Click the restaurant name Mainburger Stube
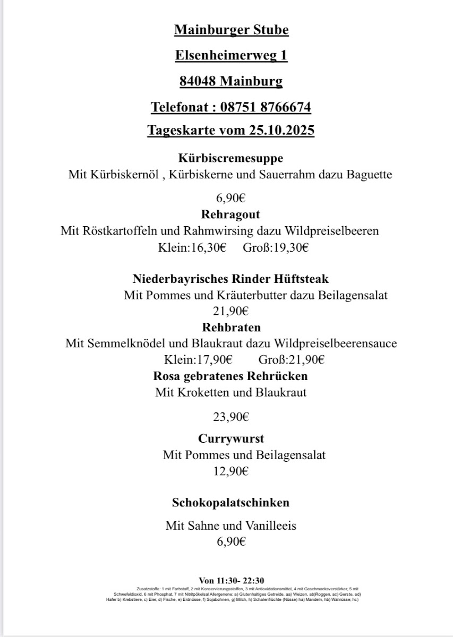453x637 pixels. coord(231,30)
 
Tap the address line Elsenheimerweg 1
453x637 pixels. coord(231,55)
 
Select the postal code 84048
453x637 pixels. coord(198,81)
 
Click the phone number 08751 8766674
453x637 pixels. coord(265,107)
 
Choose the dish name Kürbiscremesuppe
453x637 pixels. coord(230,158)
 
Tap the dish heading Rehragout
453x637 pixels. coord(230,214)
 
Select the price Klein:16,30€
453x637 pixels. coord(192,247)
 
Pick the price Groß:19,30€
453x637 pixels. coord(276,247)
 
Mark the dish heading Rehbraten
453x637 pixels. coord(231,327)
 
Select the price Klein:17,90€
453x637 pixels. coord(199,359)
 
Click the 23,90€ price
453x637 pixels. coord(231,417)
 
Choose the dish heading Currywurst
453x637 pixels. coord(231,439)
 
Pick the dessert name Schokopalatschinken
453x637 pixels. coord(231,502)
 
